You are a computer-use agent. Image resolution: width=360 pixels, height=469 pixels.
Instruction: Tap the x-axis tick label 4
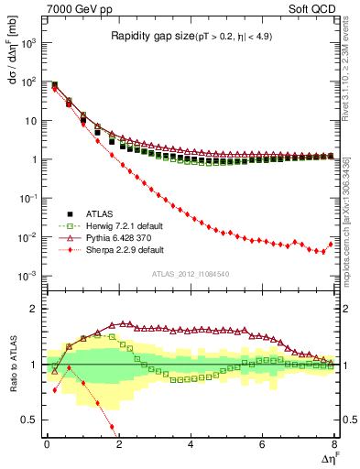tap(190, 445)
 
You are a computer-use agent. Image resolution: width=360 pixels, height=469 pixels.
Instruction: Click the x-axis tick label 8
tap(333, 445)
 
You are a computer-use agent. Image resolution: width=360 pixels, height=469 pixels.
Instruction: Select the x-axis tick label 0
tap(47, 445)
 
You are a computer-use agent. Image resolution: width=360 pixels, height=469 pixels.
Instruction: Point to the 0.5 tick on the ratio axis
tap(32, 420)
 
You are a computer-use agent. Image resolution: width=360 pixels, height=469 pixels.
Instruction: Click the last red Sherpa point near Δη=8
tap(333, 244)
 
